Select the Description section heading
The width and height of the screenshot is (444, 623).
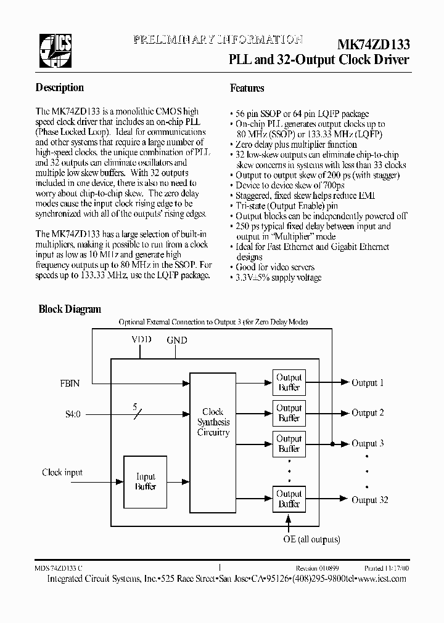click(x=60, y=88)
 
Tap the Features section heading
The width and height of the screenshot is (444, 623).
click(x=247, y=89)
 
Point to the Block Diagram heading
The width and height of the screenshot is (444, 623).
click(x=70, y=309)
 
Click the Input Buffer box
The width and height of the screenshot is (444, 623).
click(x=146, y=481)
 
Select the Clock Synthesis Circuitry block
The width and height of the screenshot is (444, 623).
click(x=213, y=422)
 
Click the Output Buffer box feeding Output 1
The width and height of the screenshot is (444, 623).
click(x=289, y=382)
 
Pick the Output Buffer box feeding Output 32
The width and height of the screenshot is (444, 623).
click(x=289, y=499)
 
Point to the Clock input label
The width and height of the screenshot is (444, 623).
click(x=62, y=473)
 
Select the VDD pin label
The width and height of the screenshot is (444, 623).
click(x=141, y=340)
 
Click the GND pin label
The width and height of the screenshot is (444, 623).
click(x=177, y=340)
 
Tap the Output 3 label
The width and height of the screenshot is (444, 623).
click(x=368, y=444)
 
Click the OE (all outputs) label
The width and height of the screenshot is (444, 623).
click(x=311, y=539)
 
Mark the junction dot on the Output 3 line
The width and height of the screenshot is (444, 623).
click(x=333, y=443)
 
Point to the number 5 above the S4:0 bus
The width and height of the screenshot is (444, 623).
click(x=135, y=406)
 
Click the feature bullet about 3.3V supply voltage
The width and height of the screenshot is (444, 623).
click(x=278, y=278)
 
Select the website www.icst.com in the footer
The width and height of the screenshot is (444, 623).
click(x=382, y=579)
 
